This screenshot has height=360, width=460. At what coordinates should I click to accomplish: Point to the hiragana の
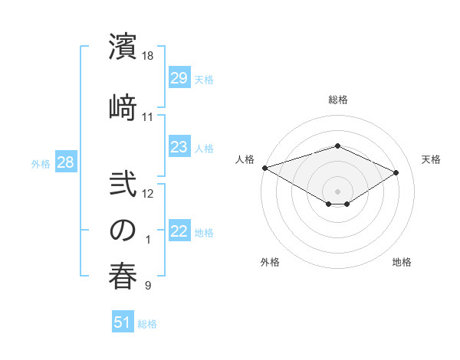[123, 229]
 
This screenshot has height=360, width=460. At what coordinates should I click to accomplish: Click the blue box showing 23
[179, 147]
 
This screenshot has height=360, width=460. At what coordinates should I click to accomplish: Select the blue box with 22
[179, 231]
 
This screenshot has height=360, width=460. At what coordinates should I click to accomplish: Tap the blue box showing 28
[65, 162]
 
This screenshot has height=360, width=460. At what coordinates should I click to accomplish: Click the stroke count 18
[148, 56]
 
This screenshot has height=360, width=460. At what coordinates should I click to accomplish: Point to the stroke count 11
[148, 117]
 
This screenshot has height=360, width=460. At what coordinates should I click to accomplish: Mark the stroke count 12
[148, 193]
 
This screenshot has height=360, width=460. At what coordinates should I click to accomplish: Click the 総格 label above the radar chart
[337, 100]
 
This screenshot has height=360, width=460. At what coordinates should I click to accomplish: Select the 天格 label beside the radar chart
[431, 159]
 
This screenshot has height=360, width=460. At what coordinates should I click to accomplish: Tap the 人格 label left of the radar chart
[245, 159]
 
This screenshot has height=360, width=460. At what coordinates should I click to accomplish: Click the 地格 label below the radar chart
[402, 263]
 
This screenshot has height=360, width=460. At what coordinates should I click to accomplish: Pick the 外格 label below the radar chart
[270, 263]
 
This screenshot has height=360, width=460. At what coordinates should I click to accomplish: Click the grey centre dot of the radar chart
[337, 190]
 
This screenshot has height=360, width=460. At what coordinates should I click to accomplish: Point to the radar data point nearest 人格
[264, 168]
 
